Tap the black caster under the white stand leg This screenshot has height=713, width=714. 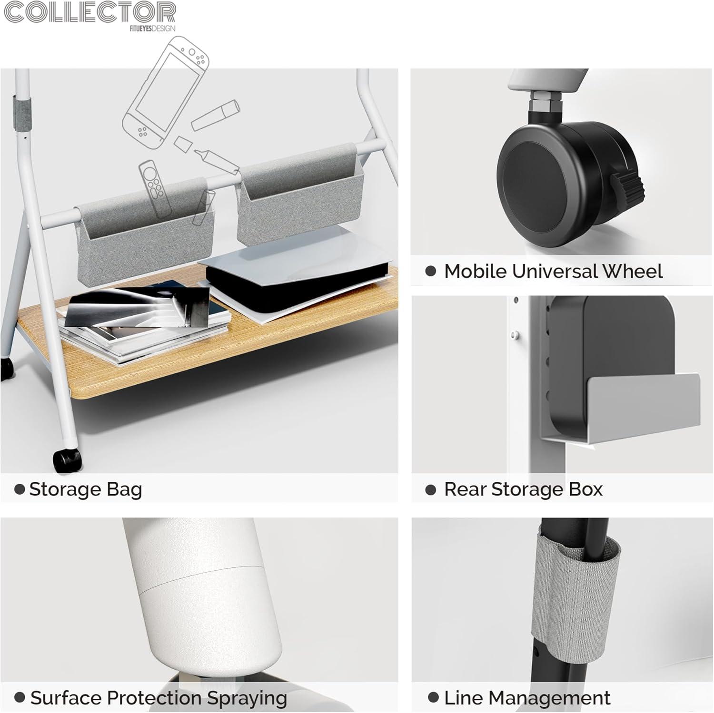[x=67, y=459]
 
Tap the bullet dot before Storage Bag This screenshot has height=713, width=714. [x=20, y=489]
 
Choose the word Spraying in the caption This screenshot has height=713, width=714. [x=247, y=699]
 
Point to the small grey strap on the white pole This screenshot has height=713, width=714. [x=22, y=114]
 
